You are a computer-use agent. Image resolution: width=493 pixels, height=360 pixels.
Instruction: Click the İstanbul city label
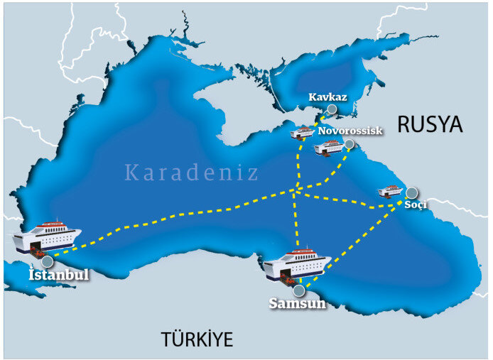click(x=58, y=274)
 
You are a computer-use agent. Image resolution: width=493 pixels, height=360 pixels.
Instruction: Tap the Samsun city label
click(x=297, y=304)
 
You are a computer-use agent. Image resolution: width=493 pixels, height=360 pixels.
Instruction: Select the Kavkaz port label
click(x=327, y=97)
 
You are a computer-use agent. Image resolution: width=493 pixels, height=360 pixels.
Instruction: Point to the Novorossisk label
click(x=350, y=131)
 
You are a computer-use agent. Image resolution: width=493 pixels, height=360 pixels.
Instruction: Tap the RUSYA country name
click(x=430, y=125)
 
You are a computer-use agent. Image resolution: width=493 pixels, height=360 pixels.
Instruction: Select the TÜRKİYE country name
click(x=197, y=339)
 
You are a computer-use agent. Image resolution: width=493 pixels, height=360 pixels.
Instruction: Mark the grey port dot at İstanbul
click(x=48, y=261)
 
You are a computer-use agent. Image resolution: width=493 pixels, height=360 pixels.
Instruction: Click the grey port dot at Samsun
click(x=299, y=290)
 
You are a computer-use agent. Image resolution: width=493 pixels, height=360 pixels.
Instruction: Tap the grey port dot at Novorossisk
click(x=350, y=144)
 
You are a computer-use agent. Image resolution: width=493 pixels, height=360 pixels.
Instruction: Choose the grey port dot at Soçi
click(x=411, y=192)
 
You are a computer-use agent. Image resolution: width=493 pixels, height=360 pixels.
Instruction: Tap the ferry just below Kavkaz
click(x=303, y=132)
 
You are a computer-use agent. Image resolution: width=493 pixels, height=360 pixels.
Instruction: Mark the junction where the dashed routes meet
click(x=294, y=190)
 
